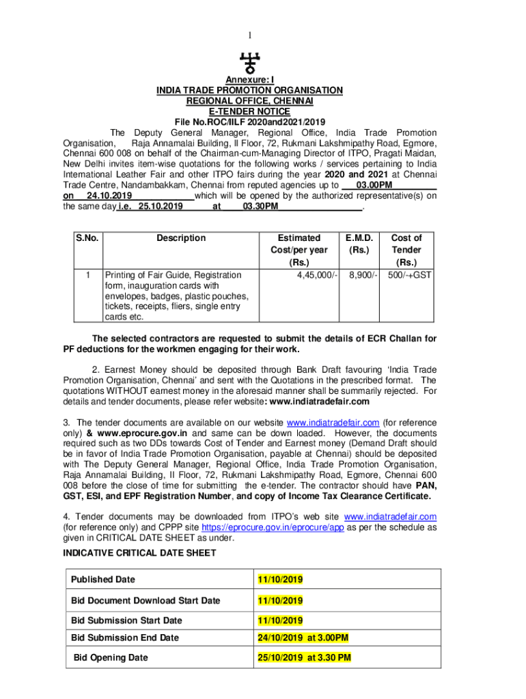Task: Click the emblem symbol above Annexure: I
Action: point(250,63)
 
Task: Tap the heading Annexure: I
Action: point(250,80)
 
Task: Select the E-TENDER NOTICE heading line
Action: point(249,111)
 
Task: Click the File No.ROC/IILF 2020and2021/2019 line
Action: point(249,122)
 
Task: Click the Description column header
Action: point(180,238)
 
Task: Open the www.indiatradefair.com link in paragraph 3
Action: point(333,423)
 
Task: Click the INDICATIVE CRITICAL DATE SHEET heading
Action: point(140,553)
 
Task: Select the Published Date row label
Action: point(103,580)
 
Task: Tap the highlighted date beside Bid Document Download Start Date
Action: point(280,601)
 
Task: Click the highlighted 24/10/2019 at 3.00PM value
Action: point(303,638)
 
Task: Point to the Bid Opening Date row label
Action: point(111,658)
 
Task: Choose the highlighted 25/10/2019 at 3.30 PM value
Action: point(304,658)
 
